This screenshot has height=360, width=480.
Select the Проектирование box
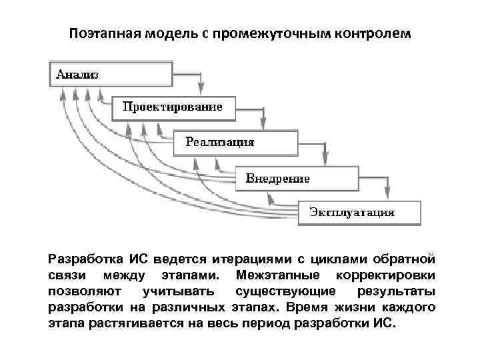173,107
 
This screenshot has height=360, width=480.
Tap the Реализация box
235,142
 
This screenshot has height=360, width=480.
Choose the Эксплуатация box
359,213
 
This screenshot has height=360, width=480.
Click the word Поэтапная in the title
104,33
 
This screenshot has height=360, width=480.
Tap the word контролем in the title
373,33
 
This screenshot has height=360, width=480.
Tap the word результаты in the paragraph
397,292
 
